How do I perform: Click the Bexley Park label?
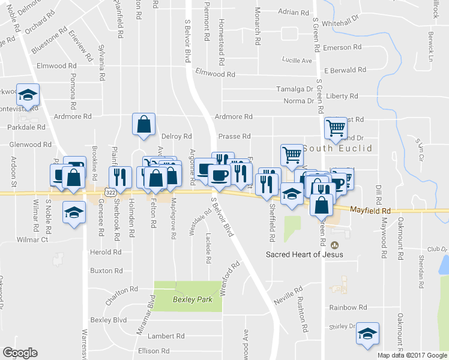188,299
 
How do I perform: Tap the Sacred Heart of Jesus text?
305,254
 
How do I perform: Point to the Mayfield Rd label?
370,211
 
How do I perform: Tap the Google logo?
20,353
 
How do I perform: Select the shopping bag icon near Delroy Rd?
144,125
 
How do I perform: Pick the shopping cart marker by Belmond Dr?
336,128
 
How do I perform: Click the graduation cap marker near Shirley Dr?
368,334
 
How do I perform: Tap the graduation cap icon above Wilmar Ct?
74,214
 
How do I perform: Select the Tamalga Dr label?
295,89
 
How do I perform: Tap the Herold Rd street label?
106,252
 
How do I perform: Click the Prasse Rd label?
235,137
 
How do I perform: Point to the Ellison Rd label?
154,351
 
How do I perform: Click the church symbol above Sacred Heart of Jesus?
334,245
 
